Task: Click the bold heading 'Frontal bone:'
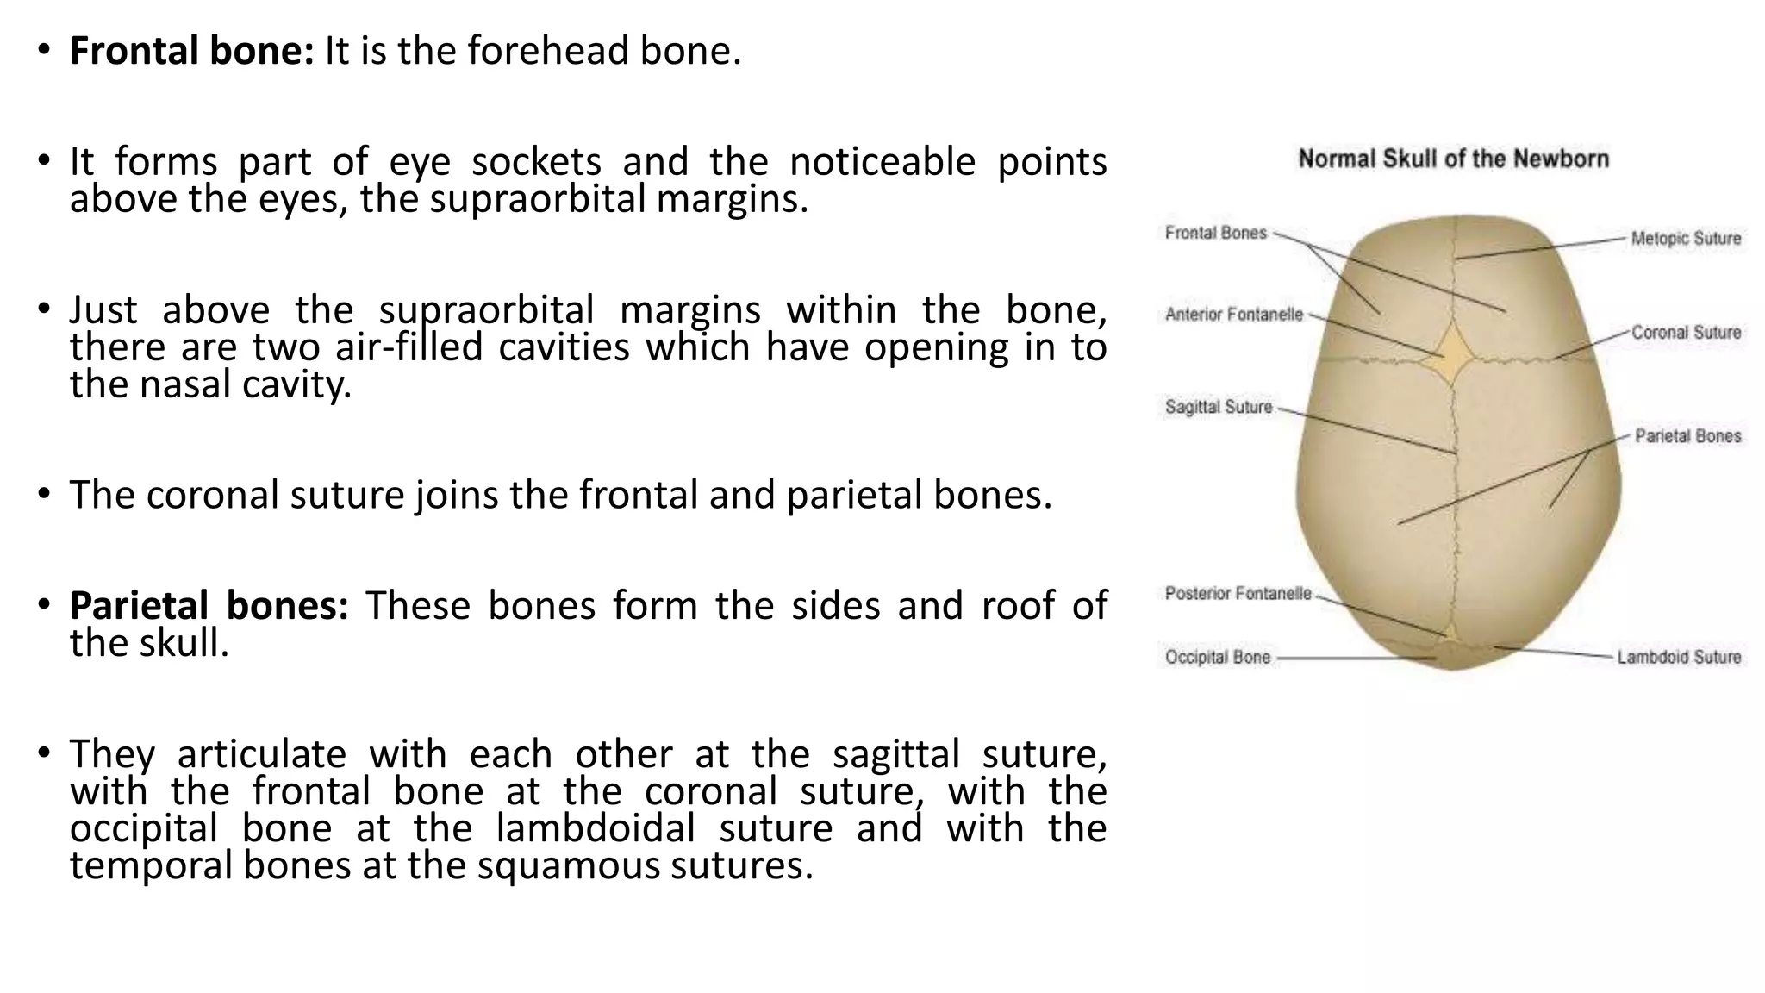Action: click(x=191, y=51)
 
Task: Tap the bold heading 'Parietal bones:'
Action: click(x=209, y=605)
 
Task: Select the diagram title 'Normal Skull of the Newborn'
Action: click(x=1453, y=159)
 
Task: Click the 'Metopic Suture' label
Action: click(x=1686, y=239)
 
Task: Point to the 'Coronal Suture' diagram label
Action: click(x=1686, y=333)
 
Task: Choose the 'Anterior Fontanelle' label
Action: click(x=1233, y=315)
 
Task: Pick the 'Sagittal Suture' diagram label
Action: click(x=1218, y=407)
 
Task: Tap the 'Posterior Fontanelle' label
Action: click(x=1238, y=593)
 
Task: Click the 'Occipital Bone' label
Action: click(x=1217, y=658)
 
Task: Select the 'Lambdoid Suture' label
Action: click(x=1679, y=658)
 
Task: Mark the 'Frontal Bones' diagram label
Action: click(x=1215, y=233)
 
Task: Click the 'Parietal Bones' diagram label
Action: click(x=1687, y=436)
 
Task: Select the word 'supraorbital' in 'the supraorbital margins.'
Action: click(x=537, y=199)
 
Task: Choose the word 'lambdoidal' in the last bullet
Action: click(x=596, y=828)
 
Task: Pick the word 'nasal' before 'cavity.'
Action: click(x=185, y=384)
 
